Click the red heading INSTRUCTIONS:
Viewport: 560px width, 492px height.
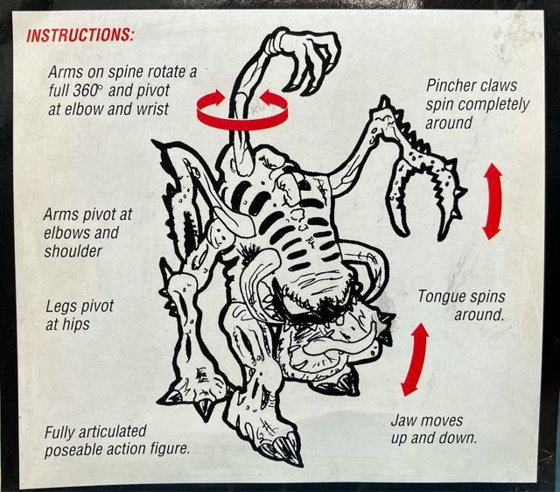(80, 35)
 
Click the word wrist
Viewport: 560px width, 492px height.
(150, 109)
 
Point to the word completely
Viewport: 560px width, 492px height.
(494, 105)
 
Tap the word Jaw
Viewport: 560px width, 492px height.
(402, 420)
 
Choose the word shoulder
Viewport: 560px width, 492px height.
(73, 251)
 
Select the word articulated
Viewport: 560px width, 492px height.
(112, 432)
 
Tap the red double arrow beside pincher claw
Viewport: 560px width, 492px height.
(493, 201)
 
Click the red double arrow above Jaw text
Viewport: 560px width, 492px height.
(415, 359)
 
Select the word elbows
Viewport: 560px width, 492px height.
(65, 233)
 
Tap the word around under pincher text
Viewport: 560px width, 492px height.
(449, 123)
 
